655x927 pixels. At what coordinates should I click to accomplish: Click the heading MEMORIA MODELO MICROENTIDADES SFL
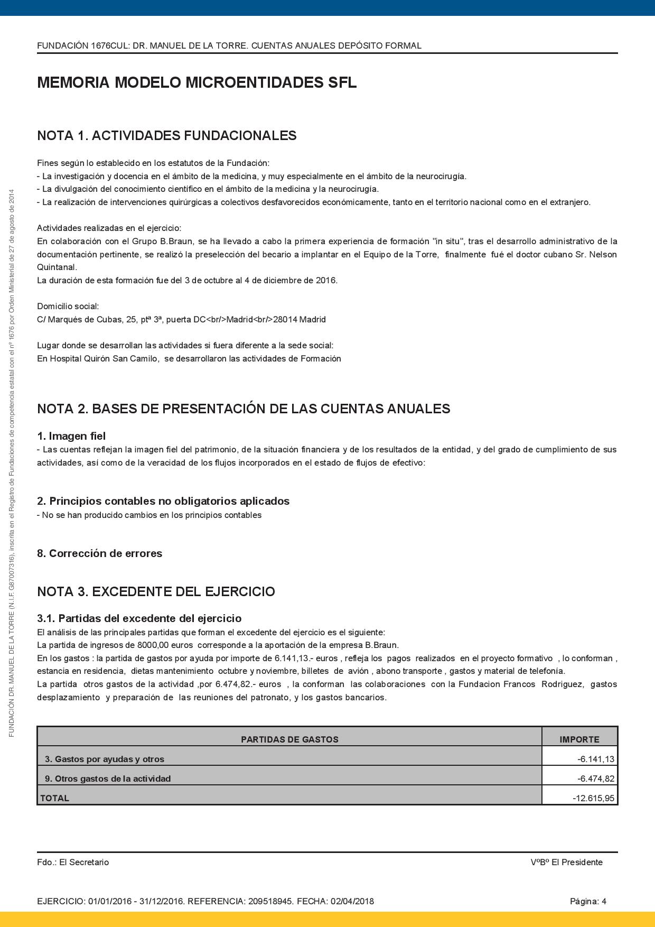(196, 83)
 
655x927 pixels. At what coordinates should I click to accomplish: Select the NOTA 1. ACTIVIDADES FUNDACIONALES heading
(166, 136)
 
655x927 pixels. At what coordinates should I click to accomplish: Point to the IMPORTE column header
(579, 739)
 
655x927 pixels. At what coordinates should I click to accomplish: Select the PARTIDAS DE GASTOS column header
(289, 739)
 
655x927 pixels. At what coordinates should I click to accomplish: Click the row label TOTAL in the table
(54, 798)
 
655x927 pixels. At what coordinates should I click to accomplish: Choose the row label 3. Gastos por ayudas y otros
(104, 759)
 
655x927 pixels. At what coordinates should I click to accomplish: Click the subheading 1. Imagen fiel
(71, 436)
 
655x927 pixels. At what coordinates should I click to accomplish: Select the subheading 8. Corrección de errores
(99, 553)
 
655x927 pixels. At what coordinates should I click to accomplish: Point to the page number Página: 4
(588, 901)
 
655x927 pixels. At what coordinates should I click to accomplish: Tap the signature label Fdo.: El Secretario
(73, 862)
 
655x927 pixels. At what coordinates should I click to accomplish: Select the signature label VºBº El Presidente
(566, 862)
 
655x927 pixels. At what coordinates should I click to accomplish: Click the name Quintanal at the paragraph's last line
(56, 267)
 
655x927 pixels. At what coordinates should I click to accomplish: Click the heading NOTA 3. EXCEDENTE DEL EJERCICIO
(156, 591)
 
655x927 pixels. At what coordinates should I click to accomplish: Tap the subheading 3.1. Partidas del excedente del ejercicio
(139, 618)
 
